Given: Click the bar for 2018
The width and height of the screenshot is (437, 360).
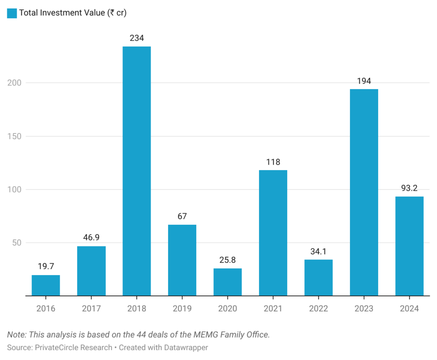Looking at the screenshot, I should [137, 171].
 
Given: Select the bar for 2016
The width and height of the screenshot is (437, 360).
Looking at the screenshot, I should [46, 285].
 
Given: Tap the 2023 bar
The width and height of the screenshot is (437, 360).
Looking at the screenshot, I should [364, 192].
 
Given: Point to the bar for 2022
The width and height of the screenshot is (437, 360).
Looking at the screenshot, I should [318, 277].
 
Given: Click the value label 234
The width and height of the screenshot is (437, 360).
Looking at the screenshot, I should [137, 38].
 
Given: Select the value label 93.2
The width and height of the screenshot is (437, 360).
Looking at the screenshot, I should [409, 188].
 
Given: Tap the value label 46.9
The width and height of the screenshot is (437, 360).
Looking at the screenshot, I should [91, 238].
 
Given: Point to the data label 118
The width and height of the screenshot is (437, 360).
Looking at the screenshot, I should [273, 162].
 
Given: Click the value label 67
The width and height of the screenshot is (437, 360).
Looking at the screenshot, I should [182, 216].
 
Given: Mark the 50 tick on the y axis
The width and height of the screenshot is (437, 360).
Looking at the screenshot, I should [16, 243].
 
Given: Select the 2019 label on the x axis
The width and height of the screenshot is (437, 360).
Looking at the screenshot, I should [182, 308].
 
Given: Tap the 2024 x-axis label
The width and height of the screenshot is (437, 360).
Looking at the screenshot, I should [409, 308].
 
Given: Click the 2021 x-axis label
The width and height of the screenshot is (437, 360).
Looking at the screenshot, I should [273, 308].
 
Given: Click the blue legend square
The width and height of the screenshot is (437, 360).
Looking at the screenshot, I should [12, 13].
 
